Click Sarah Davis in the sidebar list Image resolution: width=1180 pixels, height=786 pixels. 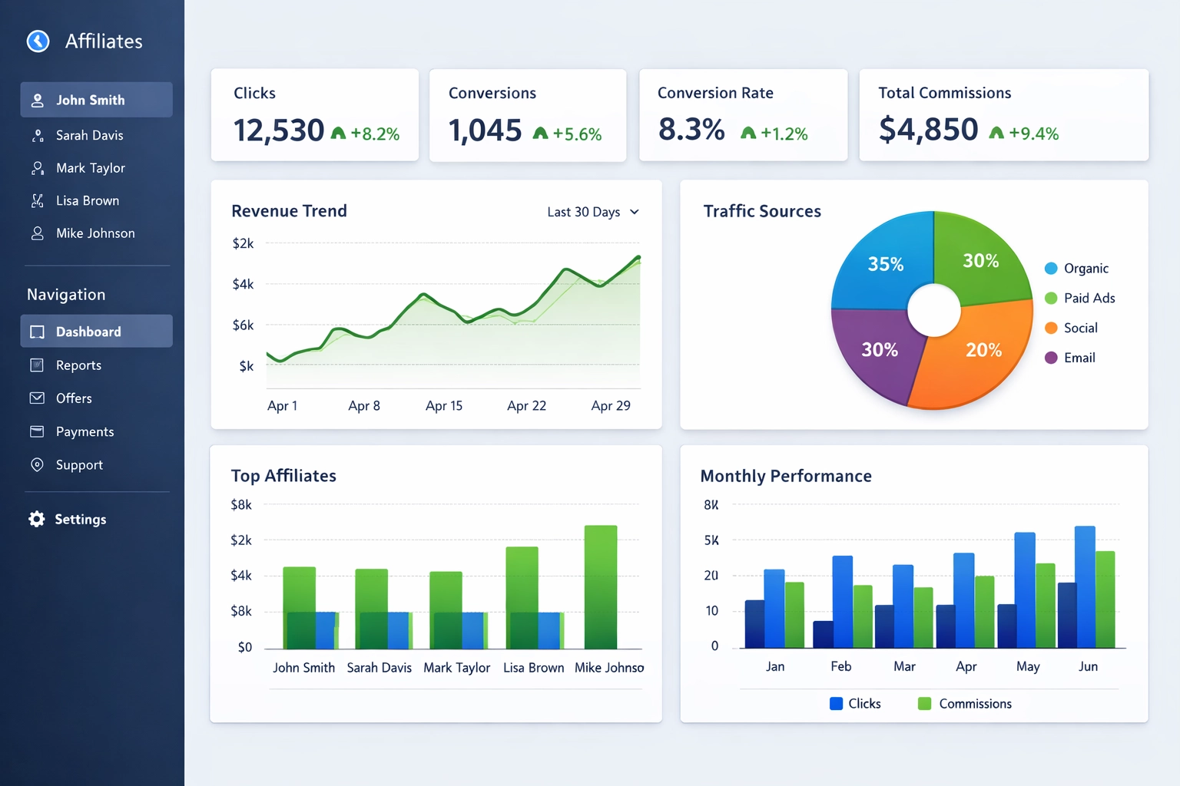click(89, 135)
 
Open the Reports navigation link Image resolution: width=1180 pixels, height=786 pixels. click(78, 365)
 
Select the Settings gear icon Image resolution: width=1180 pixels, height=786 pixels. click(36, 519)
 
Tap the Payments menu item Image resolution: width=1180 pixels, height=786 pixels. click(85, 432)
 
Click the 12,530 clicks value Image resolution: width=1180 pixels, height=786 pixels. click(279, 130)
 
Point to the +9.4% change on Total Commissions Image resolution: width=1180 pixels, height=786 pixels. click(1033, 134)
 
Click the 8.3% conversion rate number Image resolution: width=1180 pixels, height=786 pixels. click(691, 130)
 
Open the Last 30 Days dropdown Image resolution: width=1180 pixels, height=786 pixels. click(592, 212)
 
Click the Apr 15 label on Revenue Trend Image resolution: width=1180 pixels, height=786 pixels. click(444, 406)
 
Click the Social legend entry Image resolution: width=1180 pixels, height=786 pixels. click(1080, 328)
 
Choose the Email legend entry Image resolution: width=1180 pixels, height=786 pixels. click(1079, 358)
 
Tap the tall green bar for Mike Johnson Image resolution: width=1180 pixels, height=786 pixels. click(601, 586)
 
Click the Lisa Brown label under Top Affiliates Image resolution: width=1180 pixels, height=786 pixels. click(533, 668)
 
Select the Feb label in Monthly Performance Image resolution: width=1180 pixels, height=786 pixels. click(840, 666)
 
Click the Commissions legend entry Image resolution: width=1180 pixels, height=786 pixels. click(974, 704)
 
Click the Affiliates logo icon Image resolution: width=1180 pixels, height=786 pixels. click(38, 41)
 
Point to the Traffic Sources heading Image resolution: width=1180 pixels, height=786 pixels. click(762, 211)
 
